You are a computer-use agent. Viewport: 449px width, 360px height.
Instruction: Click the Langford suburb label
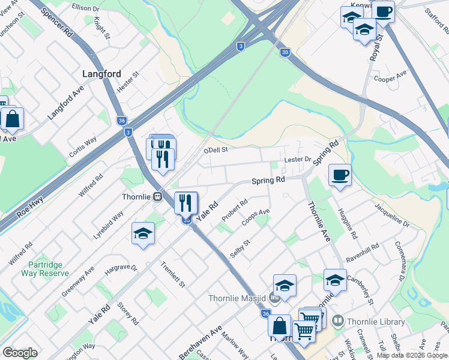click(101, 74)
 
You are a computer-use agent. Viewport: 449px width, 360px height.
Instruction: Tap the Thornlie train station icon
click(157, 196)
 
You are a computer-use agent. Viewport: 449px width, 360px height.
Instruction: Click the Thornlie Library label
click(367, 322)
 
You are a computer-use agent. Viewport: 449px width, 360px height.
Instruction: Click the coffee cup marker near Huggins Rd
click(340, 175)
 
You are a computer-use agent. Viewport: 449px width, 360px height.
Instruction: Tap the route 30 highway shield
click(285, 53)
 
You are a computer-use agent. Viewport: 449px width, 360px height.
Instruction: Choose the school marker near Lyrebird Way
click(143, 233)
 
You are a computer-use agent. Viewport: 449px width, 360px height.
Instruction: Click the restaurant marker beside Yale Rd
click(186, 202)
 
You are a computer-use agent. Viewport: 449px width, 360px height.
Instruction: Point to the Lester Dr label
click(298, 160)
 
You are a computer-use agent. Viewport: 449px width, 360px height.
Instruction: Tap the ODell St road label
click(217, 151)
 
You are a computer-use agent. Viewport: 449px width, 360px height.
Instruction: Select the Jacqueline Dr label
click(391, 215)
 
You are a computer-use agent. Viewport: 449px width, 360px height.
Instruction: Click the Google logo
click(20, 353)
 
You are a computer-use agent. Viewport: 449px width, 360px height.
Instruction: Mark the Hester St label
click(128, 82)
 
